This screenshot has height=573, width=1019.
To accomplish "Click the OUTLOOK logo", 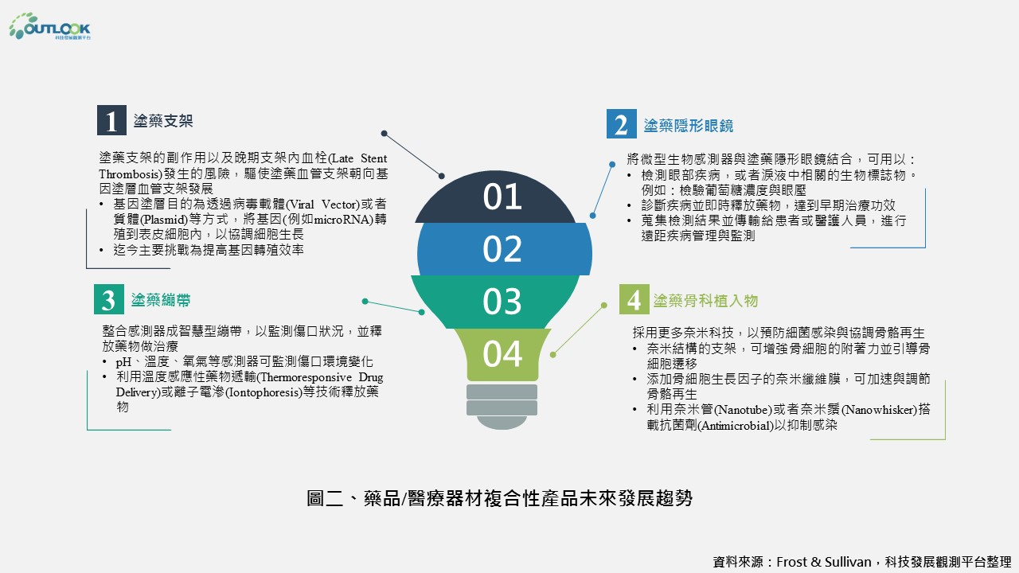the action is coord(49,26).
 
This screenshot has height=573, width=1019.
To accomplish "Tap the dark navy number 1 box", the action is coord(111,120).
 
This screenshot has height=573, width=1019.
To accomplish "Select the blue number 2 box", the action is coord(622,123).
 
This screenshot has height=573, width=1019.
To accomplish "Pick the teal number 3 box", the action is coord(109,299).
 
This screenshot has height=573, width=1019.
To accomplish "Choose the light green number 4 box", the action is coord(634,299).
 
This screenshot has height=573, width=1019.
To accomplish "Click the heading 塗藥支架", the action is coord(163,121).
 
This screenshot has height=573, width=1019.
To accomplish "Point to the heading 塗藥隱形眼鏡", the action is coord(689,126).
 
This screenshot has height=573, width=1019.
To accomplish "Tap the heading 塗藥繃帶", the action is coord(161,300).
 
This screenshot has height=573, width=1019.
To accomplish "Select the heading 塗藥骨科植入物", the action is coord(705,301).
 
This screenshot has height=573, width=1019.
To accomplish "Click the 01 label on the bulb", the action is coord(502,197).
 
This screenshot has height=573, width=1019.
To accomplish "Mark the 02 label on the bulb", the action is coord(502,249).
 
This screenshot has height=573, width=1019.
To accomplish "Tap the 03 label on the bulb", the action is coord(502,302).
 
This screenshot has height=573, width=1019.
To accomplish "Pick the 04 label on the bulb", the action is coord(502,354).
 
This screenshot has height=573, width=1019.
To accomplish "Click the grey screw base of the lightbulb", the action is coord(502,407).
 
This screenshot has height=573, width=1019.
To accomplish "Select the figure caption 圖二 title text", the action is coord(499,498).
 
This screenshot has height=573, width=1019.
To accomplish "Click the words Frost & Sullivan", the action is coord(823,562).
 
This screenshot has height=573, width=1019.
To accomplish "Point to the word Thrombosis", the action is coord(129,174).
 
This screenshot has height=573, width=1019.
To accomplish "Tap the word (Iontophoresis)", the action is coord(264,392).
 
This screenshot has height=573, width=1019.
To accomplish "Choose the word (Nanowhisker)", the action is coord(880,410).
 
